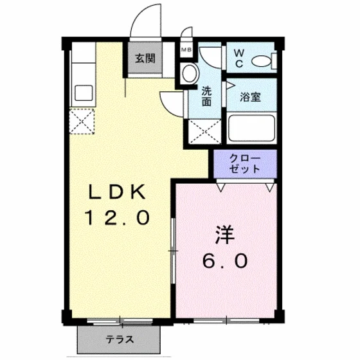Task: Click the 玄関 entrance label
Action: click(145, 59)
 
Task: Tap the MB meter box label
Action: click(186, 50)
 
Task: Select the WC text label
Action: click(239, 59)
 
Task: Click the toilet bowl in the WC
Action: click(262, 61)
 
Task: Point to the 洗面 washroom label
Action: click(206, 96)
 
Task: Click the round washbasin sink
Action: click(190, 73)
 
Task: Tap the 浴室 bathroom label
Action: click(251, 97)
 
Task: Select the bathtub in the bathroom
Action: click(251, 127)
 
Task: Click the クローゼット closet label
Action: click(245, 163)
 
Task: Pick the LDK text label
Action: click(117, 192)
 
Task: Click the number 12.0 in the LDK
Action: click(117, 218)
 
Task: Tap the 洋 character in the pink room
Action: click(225, 235)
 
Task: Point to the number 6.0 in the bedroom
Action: click(225, 261)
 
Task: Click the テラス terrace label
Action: click(120, 339)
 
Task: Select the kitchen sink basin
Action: click(84, 93)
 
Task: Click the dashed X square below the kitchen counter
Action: click(82, 122)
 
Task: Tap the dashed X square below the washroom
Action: click(204, 132)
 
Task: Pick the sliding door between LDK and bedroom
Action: click(174, 251)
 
